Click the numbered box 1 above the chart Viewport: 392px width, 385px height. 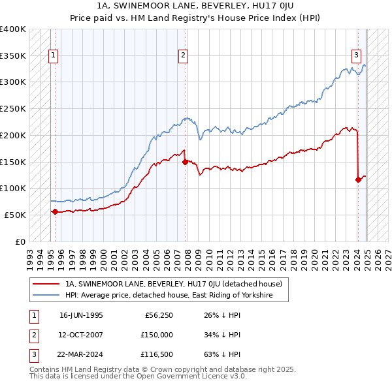[52, 55]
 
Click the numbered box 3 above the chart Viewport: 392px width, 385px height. [357, 55]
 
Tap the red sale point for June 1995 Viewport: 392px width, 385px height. [55, 211]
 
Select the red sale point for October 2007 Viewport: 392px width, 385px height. [186, 161]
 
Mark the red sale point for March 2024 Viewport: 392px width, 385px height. [358, 179]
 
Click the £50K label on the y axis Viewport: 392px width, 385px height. [16, 215]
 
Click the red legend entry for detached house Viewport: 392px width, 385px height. [173, 284]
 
